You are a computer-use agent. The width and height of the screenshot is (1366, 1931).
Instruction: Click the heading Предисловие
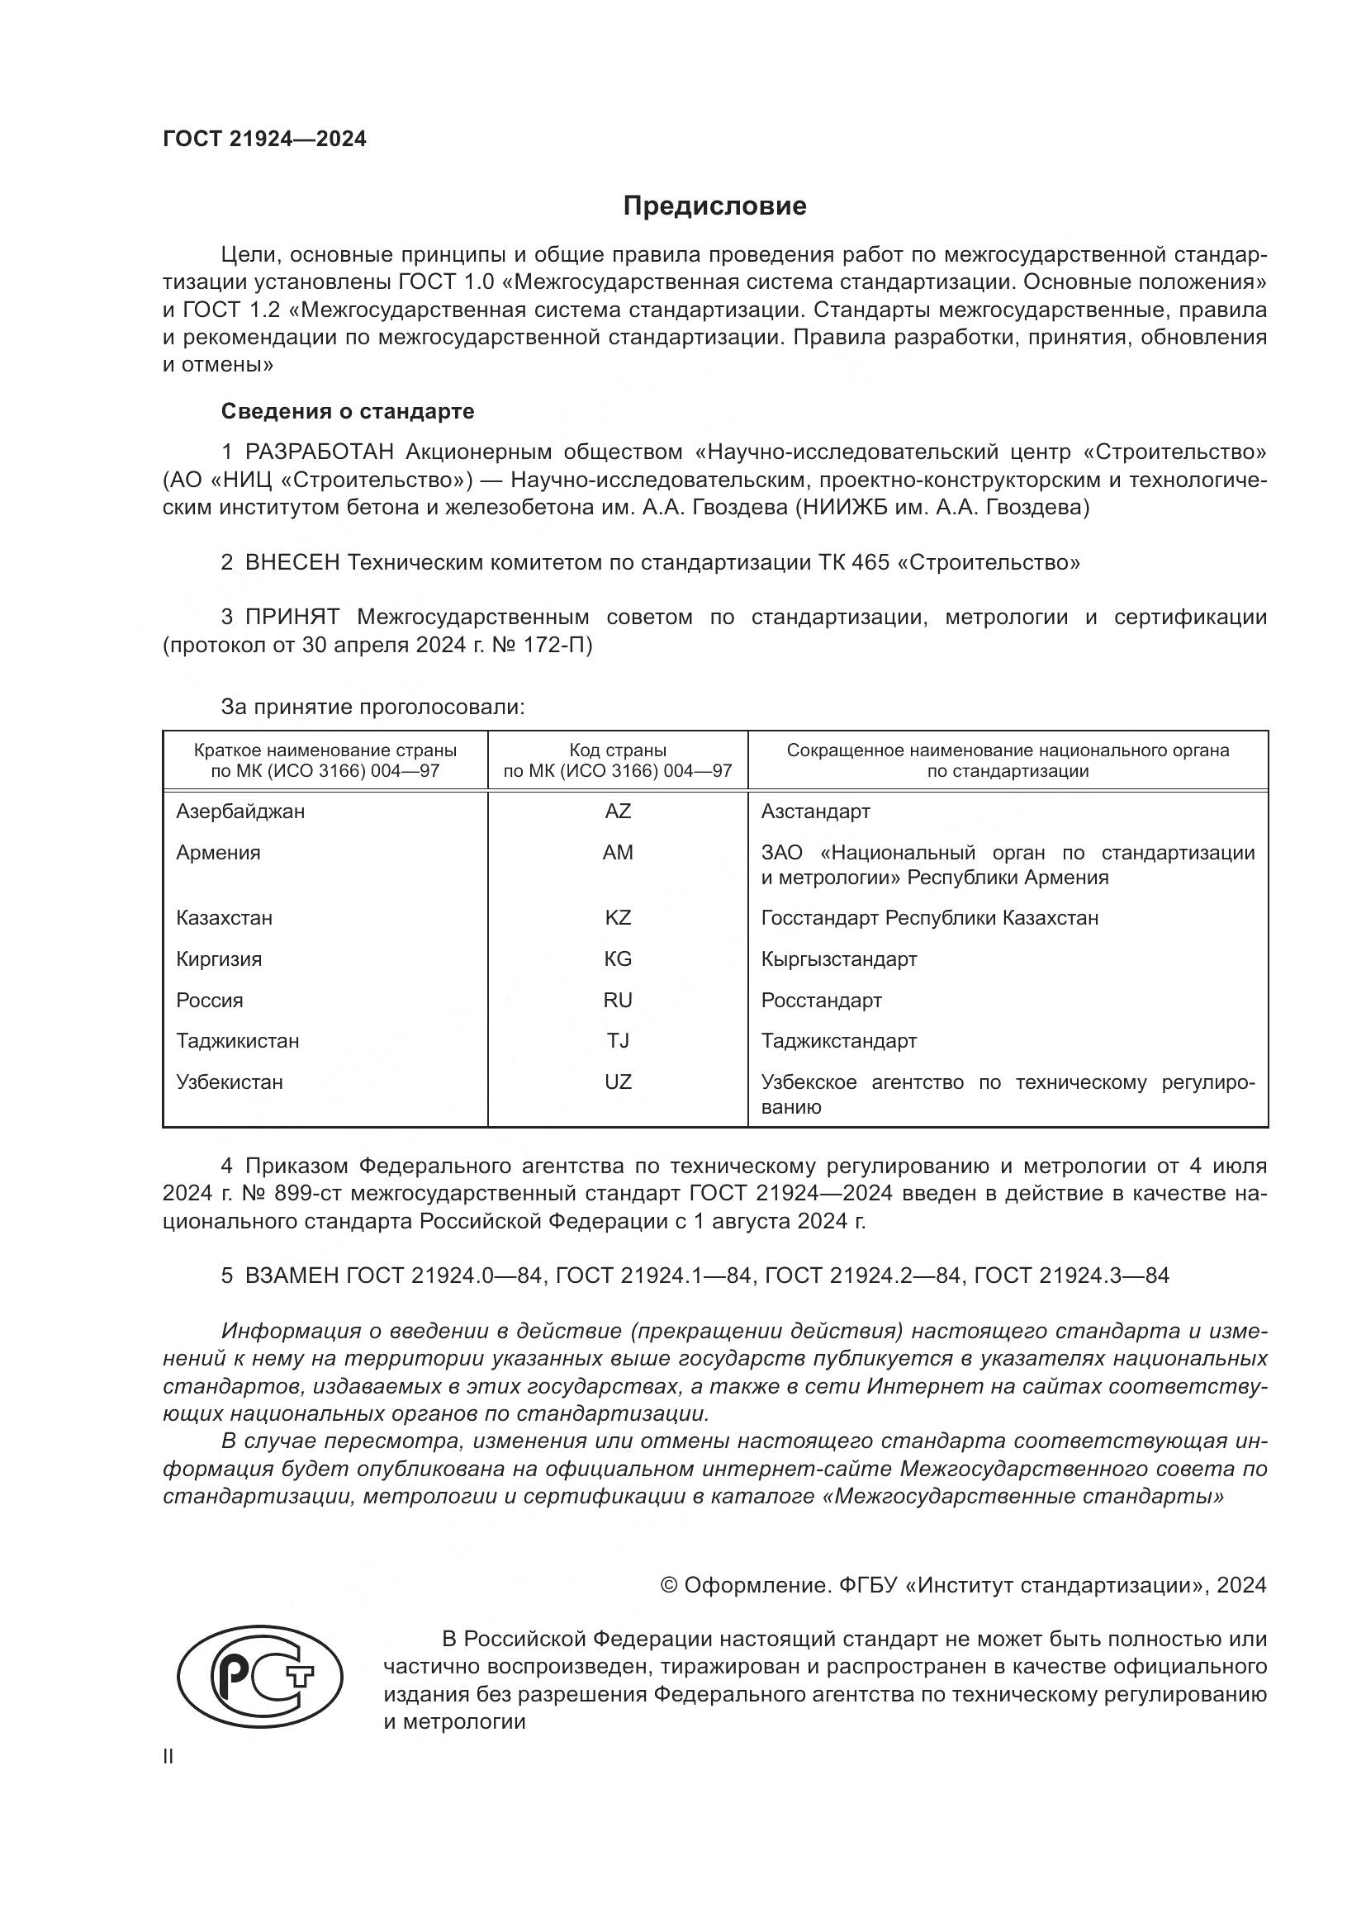point(714,206)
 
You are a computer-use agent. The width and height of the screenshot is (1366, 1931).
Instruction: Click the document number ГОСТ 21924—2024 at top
point(264,140)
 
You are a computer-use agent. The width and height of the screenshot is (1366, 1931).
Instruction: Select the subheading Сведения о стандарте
point(348,411)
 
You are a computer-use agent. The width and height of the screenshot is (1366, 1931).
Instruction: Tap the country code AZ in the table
point(618,812)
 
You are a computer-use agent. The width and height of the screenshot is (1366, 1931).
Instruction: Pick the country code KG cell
point(618,958)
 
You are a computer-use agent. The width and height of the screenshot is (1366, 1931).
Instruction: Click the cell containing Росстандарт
point(821,1000)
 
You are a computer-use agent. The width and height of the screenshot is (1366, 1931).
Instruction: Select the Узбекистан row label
point(229,1081)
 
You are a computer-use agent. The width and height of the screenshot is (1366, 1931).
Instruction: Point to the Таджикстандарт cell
point(838,1041)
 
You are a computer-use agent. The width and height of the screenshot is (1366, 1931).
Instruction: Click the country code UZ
point(618,1081)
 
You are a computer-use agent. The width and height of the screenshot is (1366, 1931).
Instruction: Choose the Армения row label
point(218,853)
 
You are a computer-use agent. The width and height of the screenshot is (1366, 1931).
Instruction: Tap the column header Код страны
point(618,750)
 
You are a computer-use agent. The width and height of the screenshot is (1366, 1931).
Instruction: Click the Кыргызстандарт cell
point(838,958)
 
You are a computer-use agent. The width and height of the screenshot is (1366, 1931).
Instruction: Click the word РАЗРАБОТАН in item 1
point(319,452)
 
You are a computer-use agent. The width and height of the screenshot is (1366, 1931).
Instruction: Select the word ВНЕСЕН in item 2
point(292,563)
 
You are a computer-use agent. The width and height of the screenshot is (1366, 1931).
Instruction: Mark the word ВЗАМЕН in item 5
point(294,1276)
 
